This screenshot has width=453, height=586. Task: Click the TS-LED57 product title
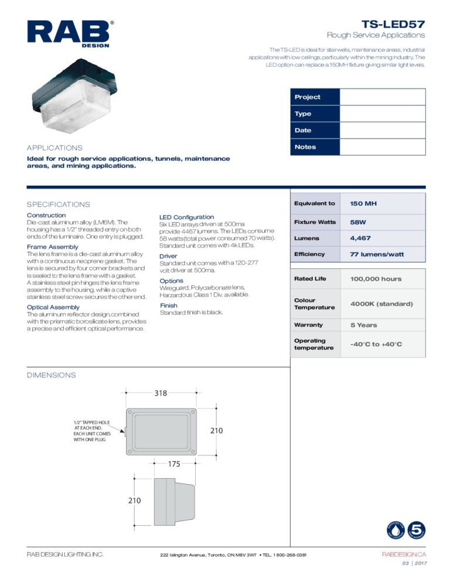click(x=393, y=24)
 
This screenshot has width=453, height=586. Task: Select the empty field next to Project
click(x=382, y=97)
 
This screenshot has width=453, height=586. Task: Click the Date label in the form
click(x=303, y=130)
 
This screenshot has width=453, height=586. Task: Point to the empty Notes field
click(x=382, y=147)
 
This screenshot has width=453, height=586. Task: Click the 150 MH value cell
click(x=363, y=203)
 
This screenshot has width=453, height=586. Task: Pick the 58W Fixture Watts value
click(x=359, y=222)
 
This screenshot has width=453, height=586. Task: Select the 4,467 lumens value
click(x=360, y=239)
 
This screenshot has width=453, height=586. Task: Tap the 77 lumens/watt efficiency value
click(x=377, y=254)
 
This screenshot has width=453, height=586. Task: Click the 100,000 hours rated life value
click(x=376, y=279)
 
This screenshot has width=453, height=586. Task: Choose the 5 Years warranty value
click(x=364, y=325)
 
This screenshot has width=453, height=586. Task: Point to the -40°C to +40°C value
click(x=376, y=344)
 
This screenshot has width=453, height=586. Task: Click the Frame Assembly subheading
click(x=53, y=247)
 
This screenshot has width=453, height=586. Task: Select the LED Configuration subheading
click(x=186, y=217)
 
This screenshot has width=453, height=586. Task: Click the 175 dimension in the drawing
click(x=173, y=464)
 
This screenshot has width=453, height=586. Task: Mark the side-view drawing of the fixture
click(x=174, y=502)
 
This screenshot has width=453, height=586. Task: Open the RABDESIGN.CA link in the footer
click(x=404, y=554)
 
